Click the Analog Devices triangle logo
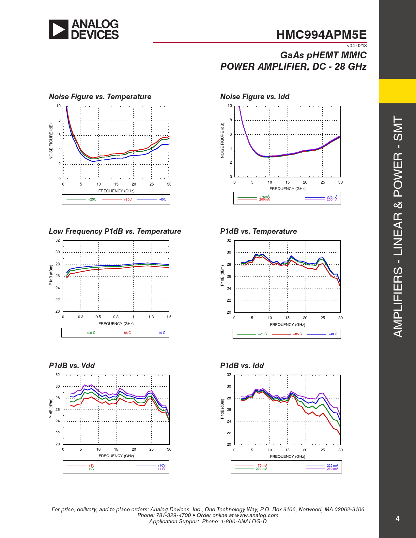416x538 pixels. click(x=59, y=29)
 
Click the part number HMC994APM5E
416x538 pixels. click(x=321, y=35)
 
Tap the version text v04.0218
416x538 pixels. click(x=357, y=46)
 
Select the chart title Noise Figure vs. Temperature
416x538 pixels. click(x=100, y=97)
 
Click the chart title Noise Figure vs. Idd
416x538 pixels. click(x=255, y=97)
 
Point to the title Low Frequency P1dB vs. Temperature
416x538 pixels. click(x=115, y=231)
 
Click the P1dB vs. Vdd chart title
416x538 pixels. click(x=72, y=366)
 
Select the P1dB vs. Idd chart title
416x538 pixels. click(x=242, y=366)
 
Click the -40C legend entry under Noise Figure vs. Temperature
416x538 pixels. click(x=162, y=199)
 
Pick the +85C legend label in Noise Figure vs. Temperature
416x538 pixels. click(x=128, y=199)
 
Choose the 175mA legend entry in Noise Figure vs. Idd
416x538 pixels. click(x=264, y=197)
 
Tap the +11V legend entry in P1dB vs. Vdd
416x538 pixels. click(x=162, y=469)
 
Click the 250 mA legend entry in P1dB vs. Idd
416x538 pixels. click(x=332, y=469)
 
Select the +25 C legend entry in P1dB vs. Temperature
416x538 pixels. click(x=262, y=334)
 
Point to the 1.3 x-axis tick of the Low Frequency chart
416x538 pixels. click(x=151, y=317)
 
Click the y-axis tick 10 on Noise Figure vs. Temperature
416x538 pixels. click(x=58, y=106)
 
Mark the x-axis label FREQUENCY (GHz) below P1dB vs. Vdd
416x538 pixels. click(x=116, y=456)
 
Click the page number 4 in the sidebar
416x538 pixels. click(x=397, y=519)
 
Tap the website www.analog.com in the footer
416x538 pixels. click(x=257, y=515)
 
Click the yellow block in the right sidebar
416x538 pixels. click(x=397, y=91)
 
